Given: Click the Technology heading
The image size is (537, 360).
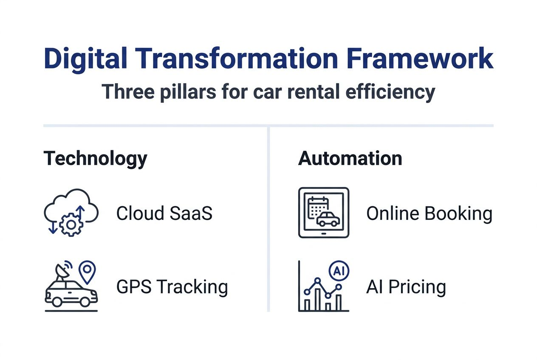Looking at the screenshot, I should click(x=95, y=159).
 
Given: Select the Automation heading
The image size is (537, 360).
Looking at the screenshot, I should click(x=350, y=158).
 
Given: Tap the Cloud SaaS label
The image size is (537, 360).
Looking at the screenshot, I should click(x=164, y=214).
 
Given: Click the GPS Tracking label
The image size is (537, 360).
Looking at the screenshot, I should click(x=172, y=287).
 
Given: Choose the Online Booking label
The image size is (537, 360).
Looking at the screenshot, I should click(x=429, y=214).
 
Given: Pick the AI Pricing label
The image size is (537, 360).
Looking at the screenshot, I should click(x=406, y=287).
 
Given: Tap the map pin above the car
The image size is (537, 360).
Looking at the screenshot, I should click(x=88, y=270).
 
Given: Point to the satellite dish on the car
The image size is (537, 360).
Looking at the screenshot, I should click(x=62, y=272).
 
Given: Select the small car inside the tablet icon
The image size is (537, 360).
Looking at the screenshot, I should click(x=328, y=219).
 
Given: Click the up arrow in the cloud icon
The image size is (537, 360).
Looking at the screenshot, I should click(x=81, y=212).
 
